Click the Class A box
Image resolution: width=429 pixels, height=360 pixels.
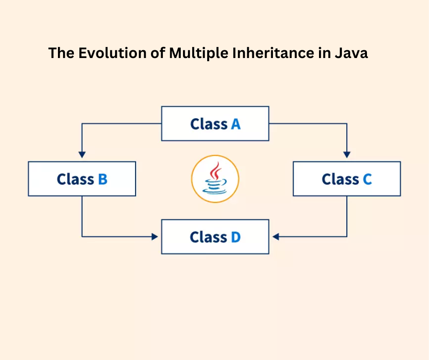point(215,123)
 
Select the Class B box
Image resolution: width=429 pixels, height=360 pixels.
point(82,179)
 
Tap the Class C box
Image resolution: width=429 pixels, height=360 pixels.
point(347,179)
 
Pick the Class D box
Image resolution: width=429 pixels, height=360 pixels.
point(215,237)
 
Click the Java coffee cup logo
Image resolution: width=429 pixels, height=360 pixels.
point(215,179)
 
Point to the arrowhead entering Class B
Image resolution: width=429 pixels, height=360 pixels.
point(82,154)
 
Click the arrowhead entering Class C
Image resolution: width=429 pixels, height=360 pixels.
point(347,154)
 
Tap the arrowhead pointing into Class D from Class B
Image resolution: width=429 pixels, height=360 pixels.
point(155,237)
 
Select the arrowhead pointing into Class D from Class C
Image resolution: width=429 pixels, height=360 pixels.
point(276,237)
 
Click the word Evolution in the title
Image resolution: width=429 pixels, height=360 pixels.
point(112,53)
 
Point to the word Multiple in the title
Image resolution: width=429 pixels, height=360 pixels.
point(199,53)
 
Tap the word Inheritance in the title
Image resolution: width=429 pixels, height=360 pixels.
point(273,53)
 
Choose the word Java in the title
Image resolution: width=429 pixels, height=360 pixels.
point(351,53)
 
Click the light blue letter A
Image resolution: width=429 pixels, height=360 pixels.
point(235,124)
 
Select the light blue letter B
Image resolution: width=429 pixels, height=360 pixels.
point(103,179)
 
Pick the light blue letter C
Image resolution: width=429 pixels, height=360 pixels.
point(367,179)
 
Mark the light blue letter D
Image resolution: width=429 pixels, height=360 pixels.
point(235,237)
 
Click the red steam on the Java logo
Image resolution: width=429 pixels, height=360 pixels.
point(215,170)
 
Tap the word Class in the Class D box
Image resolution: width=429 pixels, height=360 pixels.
point(209,237)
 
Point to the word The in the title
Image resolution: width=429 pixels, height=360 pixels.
point(61,53)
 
